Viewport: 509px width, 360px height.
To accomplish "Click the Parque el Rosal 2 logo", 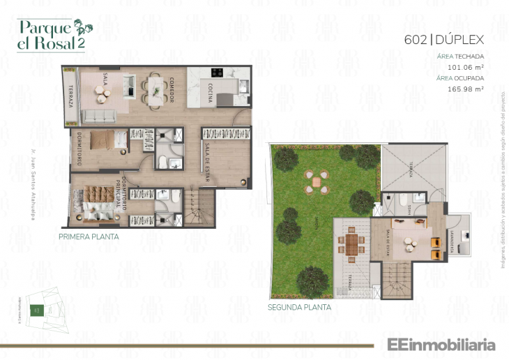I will click(51, 35).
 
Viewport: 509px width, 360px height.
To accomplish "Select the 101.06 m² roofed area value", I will click(465, 67).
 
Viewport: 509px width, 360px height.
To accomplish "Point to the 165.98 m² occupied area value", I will click(465, 89).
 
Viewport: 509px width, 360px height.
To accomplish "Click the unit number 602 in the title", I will click(414, 39).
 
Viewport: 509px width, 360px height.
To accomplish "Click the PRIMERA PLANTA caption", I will click(89, 237).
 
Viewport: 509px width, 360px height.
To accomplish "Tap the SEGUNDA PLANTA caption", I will click(299, 306).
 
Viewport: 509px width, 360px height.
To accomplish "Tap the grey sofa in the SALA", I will click(99, 115).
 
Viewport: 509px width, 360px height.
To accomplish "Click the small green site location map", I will click(38, 309).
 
